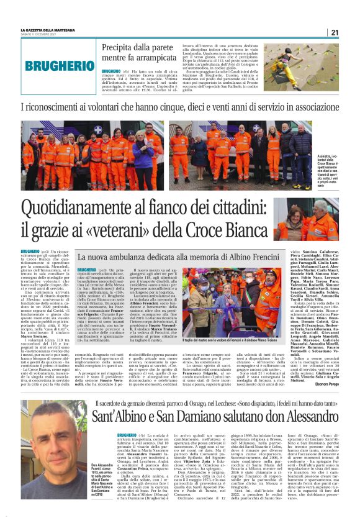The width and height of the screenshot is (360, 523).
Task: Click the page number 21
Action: click(x=334, y=32)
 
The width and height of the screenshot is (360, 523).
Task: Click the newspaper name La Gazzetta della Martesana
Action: click(x=53, y=29)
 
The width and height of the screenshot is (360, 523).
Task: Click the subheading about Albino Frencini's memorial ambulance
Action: click(x=177, y=256)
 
